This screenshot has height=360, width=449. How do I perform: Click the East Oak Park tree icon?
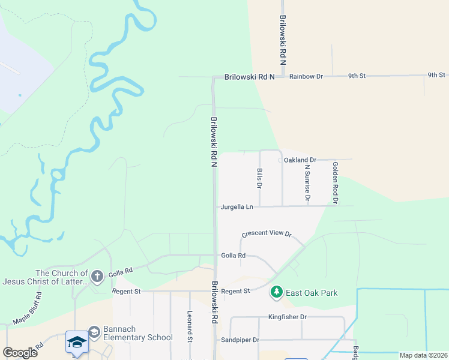click(276, 293)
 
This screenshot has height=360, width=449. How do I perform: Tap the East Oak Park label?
click(312, 293)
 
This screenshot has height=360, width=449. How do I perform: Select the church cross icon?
click(97, 277)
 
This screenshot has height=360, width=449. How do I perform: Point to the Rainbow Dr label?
click(306, 77)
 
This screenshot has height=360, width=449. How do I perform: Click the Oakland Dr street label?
click(300, 160)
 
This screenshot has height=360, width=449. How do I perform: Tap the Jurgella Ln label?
click(237, 206)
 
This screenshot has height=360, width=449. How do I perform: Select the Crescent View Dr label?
click(266, 234)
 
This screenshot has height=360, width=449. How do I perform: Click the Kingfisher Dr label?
click(287, 317)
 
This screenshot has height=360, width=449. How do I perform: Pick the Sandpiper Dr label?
click(240, 340)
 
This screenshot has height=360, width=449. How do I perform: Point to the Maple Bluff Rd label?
click(28, 308)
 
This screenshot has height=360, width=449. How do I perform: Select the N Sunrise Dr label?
click(307, 183)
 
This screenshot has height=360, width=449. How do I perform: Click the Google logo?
click(20, 352)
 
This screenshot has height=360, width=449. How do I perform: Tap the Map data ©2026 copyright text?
click(423, 355)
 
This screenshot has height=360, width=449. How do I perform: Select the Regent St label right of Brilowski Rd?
click(235, 291)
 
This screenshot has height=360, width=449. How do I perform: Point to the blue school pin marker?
click(77, 343)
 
